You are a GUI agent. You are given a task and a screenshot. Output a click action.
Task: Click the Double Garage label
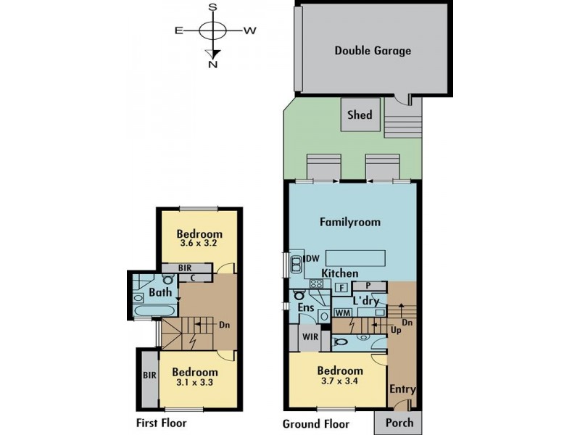pos(373,51)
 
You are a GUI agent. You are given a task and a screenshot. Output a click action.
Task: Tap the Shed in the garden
pos(360,115)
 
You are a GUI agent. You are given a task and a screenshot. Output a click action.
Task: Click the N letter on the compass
pos(212,65)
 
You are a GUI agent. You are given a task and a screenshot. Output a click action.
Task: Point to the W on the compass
pos(250,30)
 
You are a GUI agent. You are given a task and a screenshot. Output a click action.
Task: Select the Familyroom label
pos(350,222)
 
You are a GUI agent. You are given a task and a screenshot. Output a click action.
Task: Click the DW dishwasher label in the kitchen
pos(312,259)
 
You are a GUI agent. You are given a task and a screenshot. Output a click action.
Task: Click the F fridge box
pos(341,287)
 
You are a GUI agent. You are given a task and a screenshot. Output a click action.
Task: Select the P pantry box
pos(369,286)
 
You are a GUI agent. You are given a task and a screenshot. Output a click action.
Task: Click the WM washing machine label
pos(343,312)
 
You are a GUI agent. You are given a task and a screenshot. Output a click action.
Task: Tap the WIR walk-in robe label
pos(310,337)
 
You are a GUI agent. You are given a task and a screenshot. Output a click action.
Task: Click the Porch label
pos(399,423)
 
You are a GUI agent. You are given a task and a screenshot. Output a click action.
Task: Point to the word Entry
pos(402,389)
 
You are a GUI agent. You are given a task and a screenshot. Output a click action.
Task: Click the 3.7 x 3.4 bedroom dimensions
pos(340,381)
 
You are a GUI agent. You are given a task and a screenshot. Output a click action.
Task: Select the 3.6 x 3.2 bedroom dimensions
pos(198,243)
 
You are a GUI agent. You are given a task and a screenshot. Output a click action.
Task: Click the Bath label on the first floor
pos(160,292)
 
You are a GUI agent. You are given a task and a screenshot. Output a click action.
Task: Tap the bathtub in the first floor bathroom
pos(154,311)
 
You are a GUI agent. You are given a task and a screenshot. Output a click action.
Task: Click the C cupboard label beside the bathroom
pos(193,278)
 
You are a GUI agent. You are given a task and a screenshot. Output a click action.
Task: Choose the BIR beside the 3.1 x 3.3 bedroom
pos(149,376)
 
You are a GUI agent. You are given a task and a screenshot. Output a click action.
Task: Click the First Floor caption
pos(161,423)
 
